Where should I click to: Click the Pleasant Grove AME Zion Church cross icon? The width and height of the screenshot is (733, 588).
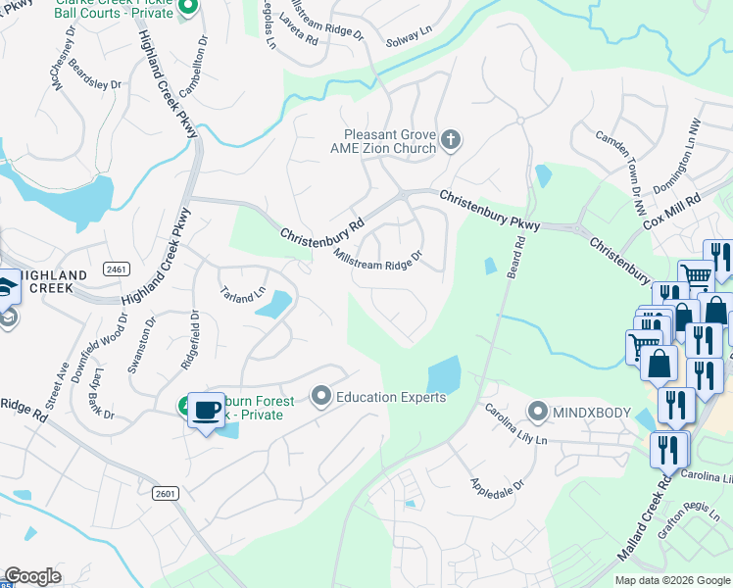[x=451, y=139]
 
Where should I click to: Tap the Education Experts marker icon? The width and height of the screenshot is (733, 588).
[x=320, y=397]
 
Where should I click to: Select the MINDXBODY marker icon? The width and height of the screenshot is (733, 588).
[x=537, y=412]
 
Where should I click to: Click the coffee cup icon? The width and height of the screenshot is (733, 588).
[x=205, y=410]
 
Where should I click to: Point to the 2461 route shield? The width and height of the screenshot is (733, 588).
[x=116, y=269]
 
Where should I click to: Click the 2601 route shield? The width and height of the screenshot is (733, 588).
[x=165, y=494]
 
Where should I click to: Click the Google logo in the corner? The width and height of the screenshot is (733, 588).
[x=32, y=576]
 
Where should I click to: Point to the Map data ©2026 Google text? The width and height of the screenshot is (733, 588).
[x=672, y=580]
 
